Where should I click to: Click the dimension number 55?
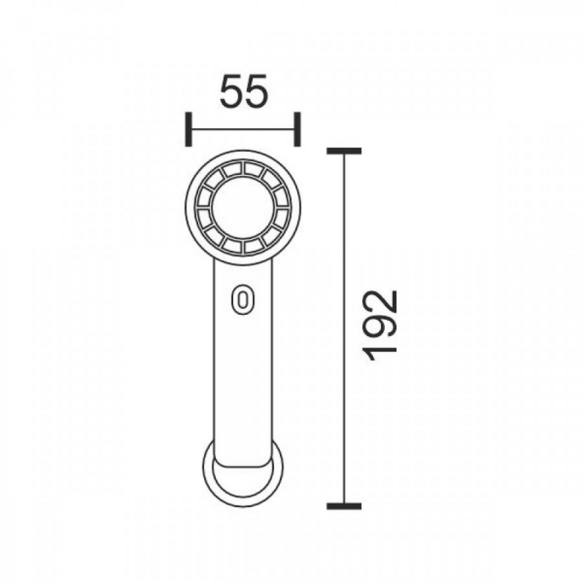pyautogui.click(x=243, y=91)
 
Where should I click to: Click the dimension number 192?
pyautogui.click(x=380, y=326)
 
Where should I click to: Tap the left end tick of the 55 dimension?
pyautogui.click(x=189, y=129)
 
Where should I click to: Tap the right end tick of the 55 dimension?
pyautogui.click(x=297, y=129)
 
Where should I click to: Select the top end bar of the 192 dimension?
pyautogui.click(x=344, y=151)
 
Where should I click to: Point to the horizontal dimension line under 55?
pyautogui.click(x=243, y=129)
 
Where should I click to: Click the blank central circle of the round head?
pyautogui.click(x=243, y=208)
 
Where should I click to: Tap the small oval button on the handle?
pyautogui.click(x=243, y=300)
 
